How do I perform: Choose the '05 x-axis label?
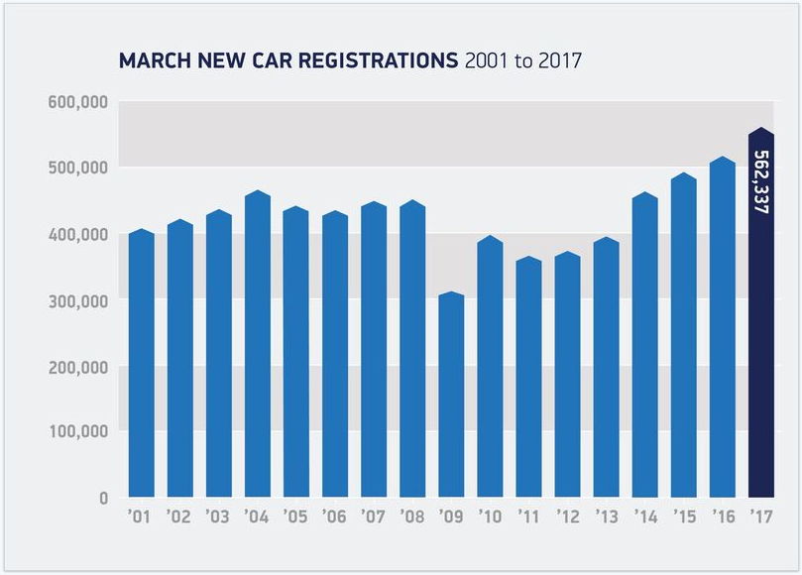click(x=295, y=516)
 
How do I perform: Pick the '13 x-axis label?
click(x=606, y=516)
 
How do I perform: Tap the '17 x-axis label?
click(x=760, y=516)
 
